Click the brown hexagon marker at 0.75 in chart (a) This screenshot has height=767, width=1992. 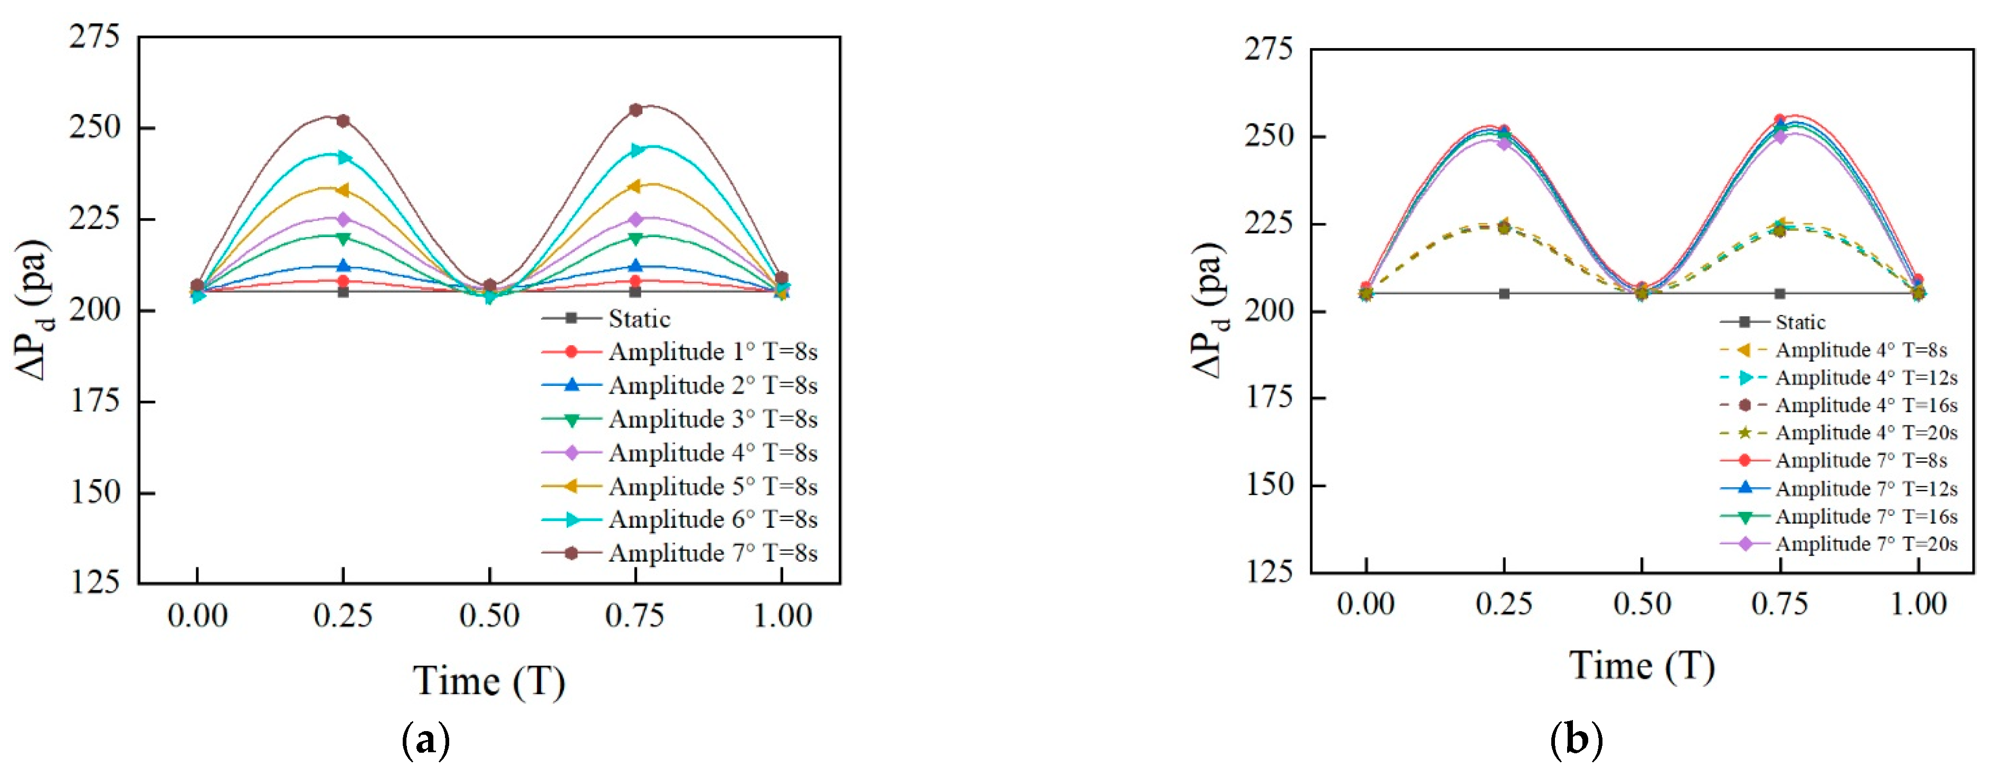coord(635,110)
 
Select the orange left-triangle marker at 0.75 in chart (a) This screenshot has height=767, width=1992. coord(635,186)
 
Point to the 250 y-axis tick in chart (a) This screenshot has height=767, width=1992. coord(95,128)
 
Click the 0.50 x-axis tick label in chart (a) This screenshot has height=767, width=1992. coord(489,616)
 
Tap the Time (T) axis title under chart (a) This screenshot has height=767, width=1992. coord(489,680)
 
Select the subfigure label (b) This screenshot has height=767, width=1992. coord(1577,740)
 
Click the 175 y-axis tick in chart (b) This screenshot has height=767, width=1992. coord(1269,397)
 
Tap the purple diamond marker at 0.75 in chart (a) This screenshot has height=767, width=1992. coord(635,220)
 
